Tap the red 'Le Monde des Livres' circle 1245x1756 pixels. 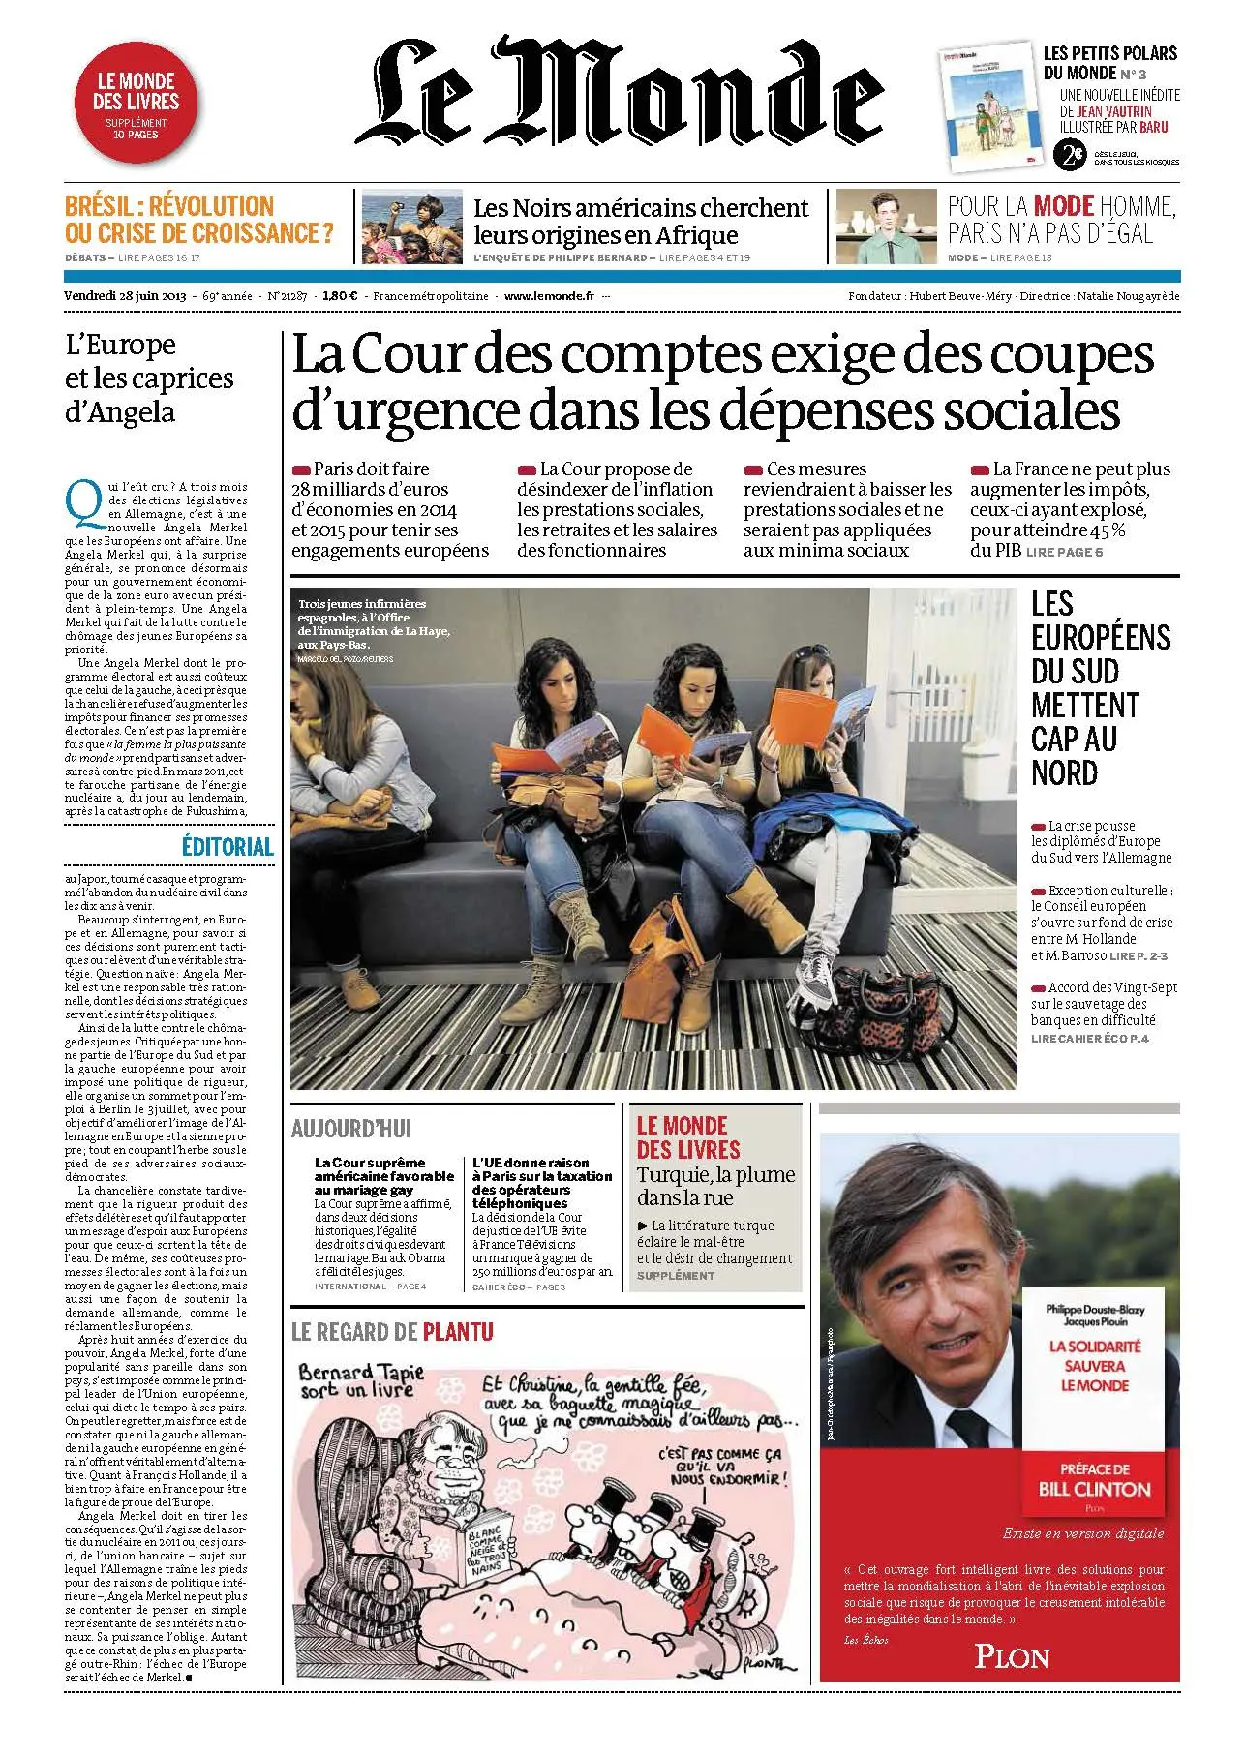(137, 105)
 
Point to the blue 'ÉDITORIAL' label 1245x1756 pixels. (228, 846)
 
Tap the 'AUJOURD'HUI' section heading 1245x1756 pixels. (351, 1128)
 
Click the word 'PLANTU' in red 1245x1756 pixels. (458, 1332)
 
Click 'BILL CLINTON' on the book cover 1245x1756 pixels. (1095, 1489)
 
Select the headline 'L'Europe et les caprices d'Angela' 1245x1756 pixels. (149, 378)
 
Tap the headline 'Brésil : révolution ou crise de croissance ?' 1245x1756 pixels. (199, 220)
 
